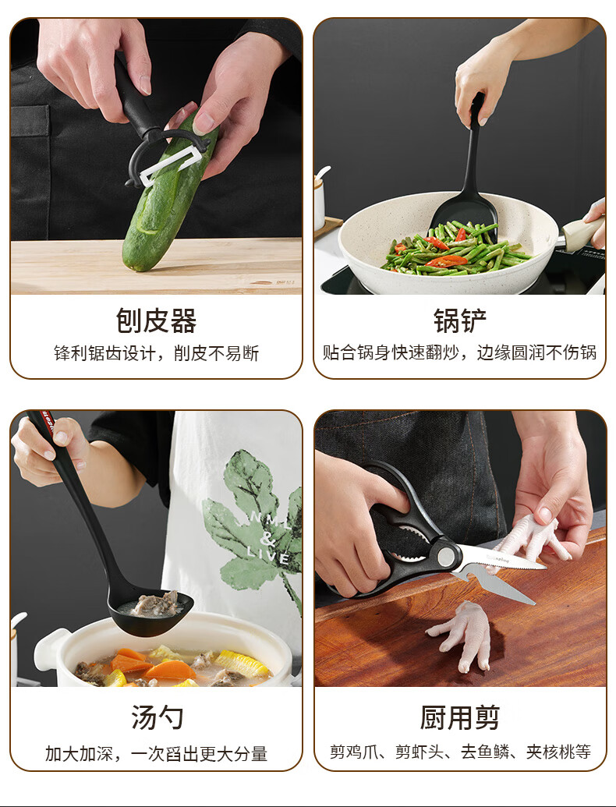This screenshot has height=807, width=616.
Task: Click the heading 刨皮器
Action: point(156,320)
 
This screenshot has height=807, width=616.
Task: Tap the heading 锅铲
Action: point(459,320)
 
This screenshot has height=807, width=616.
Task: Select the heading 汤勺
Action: point(157,717)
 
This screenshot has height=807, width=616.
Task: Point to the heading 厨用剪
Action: point(459,717)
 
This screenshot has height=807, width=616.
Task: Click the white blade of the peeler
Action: point(170,164)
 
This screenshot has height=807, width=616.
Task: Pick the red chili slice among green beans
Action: point(446,261)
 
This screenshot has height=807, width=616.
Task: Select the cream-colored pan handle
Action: point(583,232)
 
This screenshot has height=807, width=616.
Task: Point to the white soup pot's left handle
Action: point(49,649)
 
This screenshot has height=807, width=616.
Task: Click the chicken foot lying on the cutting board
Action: point(461,636)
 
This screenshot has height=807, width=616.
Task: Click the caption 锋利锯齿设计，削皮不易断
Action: point(157,353)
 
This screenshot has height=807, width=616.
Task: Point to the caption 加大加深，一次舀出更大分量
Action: point(157,753)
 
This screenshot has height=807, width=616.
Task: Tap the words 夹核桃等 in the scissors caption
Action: point(558,752)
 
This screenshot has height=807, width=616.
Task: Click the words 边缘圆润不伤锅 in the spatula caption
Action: point(536,352)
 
